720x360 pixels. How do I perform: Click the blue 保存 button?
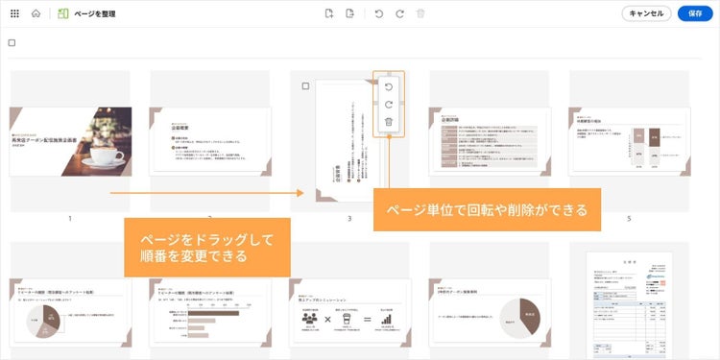(696, 13)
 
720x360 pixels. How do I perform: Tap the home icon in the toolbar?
(36, 13)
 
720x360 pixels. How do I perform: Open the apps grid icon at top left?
(13, 13)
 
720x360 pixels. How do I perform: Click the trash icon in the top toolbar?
(420, 13)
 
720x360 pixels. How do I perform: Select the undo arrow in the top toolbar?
(378, 13)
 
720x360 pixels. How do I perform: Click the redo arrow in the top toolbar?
(398, 13)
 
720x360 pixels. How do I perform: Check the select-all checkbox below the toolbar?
(12, 42)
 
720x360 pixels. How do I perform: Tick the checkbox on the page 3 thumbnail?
(305, 86)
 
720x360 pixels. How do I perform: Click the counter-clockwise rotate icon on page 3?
(388, 86)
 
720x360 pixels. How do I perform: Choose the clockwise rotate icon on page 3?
(388, 105)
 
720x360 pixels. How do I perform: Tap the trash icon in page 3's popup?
(388, 122)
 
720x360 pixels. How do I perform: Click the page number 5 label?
(629, 219)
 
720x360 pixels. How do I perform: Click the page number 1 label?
(70, 219)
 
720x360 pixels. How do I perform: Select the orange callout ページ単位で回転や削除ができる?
(487, 209)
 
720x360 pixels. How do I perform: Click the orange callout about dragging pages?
(207, 247)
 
